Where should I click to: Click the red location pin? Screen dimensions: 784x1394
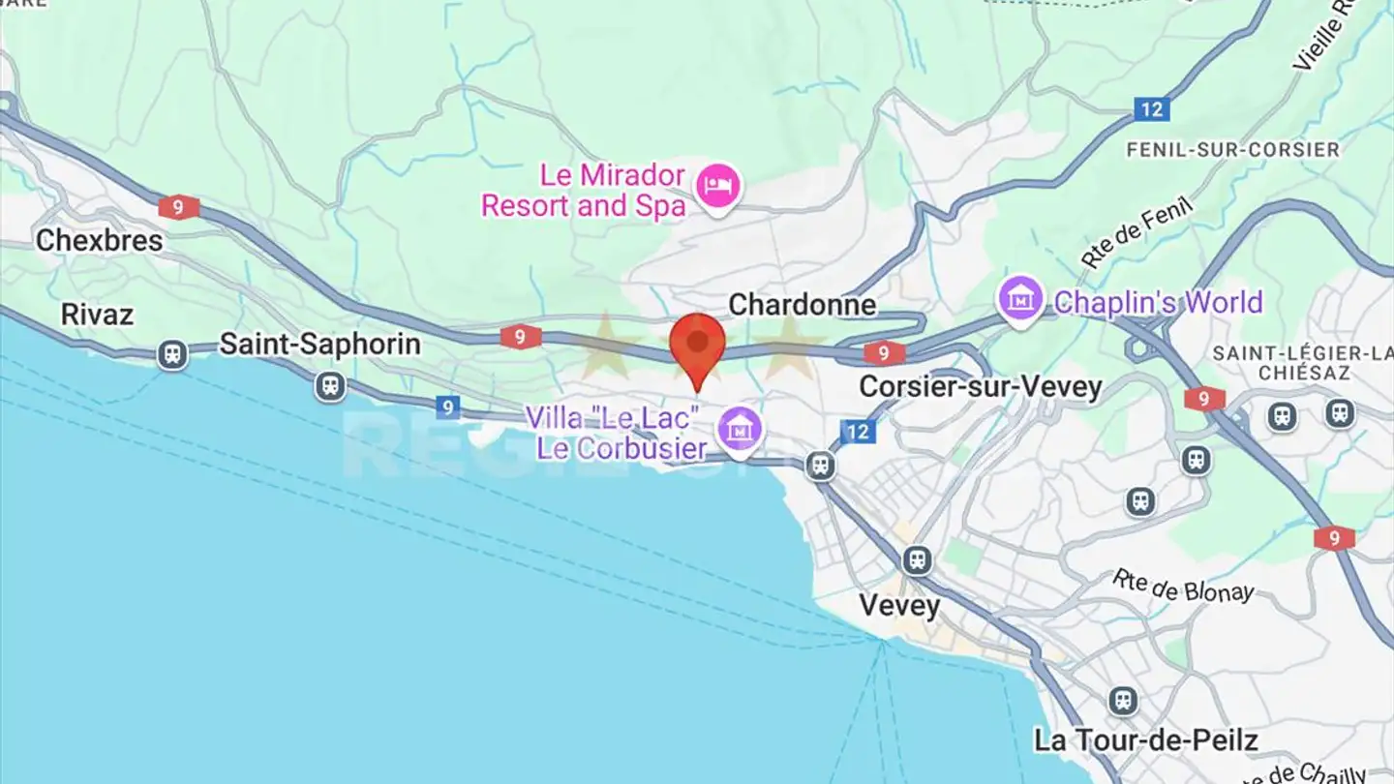[x=697, y=346]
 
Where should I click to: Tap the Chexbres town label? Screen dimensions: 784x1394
[x=99, y=240]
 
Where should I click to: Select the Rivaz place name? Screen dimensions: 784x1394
[x=97, y=315]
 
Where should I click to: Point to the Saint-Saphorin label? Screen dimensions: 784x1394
[x=319, y=344]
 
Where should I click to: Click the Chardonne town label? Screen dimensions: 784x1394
[x=802, y=305]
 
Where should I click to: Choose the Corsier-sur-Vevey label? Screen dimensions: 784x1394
[x=981, y=387]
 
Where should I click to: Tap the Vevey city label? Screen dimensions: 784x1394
[x=899, y=606]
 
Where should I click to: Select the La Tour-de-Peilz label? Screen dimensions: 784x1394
[x=1145, y=741]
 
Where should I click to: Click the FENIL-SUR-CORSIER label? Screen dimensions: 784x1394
[x=1232, y=150]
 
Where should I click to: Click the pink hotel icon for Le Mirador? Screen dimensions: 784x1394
[x=717, y=182]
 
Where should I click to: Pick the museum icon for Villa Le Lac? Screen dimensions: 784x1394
[x=741, y=427]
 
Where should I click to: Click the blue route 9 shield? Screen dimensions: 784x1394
[x=446, y=407]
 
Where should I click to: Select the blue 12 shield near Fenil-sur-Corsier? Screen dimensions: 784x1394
[x=1151, y=109]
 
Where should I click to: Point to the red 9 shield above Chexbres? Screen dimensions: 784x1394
[x=179, y=206]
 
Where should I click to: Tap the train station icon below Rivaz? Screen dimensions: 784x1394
[x=172, y=354]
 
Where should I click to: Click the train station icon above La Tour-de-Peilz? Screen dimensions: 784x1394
[x=1123, y=700]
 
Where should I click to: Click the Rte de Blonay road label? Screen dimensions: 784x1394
[x=1182, y=587]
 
